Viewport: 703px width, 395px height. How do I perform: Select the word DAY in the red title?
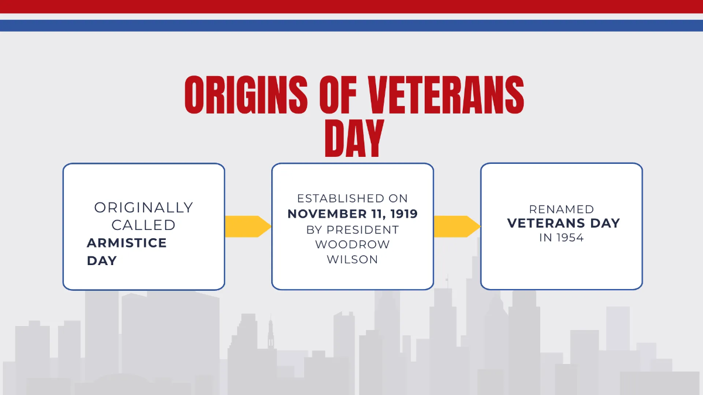click(x=354, y=139)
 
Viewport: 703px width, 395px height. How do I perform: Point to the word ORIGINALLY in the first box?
click(x=144, y=208)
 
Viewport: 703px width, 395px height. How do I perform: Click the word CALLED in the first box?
click(x=144, y=225)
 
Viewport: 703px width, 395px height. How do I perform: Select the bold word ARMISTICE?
click(x=127, y=243)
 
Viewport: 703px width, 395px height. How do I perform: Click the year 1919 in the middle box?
click(x=402, y=214)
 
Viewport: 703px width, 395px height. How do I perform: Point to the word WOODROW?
click(x=352, y=245)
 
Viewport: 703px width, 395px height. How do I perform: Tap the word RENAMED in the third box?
click(x=561, y=209)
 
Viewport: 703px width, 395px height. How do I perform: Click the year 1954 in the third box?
click(x=569, y=238)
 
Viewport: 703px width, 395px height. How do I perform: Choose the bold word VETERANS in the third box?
click(x=544, y=223)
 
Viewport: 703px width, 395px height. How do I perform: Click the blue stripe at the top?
click(x=351, y=26)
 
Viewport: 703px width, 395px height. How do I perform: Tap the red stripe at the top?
click(x=351, y=6)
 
